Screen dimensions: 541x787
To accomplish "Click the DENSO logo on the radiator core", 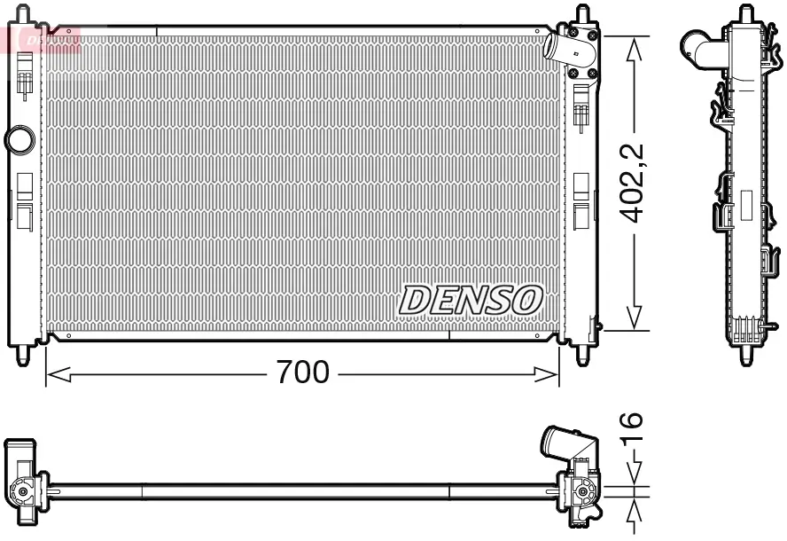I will [470, 300].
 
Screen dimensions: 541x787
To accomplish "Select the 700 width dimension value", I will [302, 372].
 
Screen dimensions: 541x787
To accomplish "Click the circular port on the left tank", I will [19, 139].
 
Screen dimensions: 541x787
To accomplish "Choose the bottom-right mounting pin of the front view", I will [583, 353].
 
